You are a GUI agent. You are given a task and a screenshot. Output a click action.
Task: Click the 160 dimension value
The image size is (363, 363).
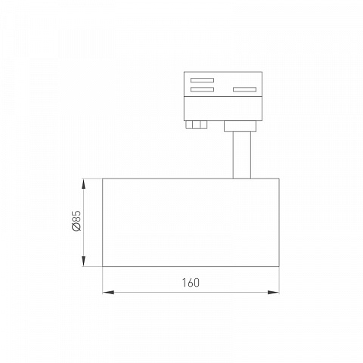point(191,283)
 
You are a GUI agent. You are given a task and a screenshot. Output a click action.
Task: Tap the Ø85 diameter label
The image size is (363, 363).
point(76,221)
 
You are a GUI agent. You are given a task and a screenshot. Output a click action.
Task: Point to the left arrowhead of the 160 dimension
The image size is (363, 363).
point(108,293)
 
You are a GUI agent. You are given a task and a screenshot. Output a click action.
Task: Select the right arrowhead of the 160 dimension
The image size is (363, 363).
point(273,293)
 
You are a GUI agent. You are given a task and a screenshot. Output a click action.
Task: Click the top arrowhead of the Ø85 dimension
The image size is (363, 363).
point(84,184)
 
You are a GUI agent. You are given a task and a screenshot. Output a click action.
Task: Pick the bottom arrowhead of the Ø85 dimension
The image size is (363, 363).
point(84,261)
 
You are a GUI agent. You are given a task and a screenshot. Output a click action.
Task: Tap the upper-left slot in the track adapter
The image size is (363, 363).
point(202,80)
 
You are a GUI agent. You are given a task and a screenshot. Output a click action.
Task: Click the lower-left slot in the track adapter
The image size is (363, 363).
point(202,89)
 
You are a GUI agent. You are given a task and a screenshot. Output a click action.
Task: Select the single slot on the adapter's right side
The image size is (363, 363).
point(244,89)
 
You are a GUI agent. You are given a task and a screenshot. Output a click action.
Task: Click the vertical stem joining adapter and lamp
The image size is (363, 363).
point(242,155)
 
